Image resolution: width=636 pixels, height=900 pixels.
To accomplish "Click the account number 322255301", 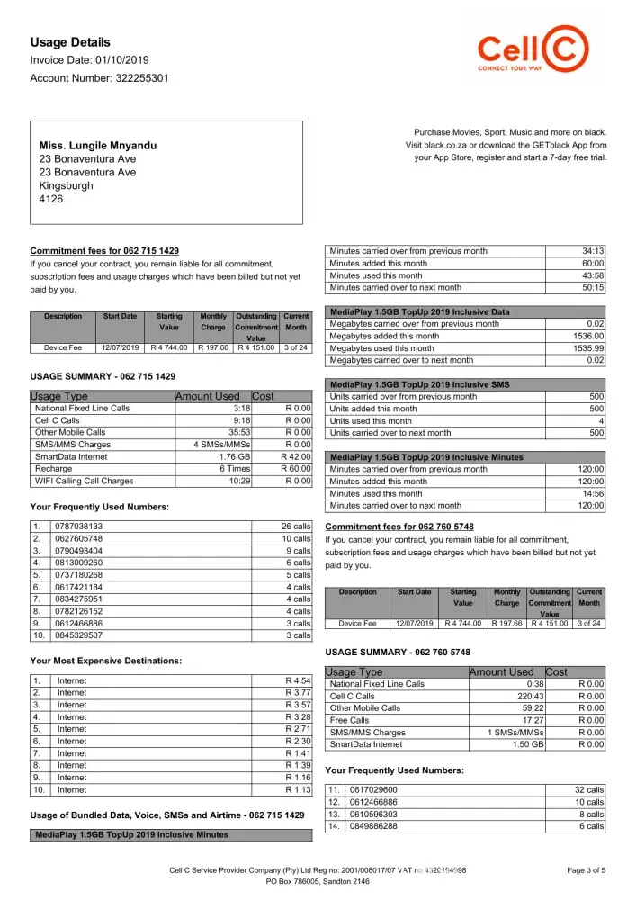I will click(130, 78).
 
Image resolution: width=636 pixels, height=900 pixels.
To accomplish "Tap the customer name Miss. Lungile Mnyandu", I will click(98, 145).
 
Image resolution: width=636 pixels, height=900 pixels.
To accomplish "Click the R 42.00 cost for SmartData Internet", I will click(297, 456).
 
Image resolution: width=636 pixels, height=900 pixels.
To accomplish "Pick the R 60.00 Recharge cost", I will click(297, 469).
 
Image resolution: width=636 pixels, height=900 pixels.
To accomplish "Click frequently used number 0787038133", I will click(79, 526).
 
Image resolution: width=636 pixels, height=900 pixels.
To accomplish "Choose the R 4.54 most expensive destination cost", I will click(297, 680).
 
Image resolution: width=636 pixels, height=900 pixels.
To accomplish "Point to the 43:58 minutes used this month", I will click(592, 275).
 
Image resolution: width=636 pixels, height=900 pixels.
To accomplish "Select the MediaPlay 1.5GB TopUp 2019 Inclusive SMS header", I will click(419, 384).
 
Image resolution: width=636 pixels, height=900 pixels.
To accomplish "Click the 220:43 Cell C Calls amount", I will click(515, 696).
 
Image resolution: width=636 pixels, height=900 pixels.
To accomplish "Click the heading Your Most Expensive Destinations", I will click(105, 661).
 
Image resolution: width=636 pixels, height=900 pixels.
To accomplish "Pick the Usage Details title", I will click(70, 42).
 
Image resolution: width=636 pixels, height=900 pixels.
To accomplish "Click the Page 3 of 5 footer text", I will click(587, 870).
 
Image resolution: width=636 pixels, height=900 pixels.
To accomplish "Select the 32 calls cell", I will click(588, 789).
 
